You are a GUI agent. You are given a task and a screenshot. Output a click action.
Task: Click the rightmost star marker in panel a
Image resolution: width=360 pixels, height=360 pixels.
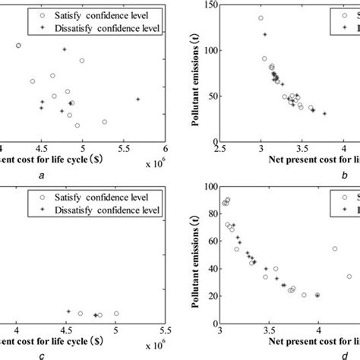coord(137,99)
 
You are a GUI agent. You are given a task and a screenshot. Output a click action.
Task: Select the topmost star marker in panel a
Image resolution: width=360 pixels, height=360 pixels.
coord(65,49)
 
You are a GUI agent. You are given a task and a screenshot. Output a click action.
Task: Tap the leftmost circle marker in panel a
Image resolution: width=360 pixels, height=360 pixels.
coord(19,46)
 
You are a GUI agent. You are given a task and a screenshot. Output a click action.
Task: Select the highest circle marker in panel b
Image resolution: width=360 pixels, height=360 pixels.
coord(261,18)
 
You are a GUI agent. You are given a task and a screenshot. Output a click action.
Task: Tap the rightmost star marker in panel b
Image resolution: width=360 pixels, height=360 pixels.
coord(324,114)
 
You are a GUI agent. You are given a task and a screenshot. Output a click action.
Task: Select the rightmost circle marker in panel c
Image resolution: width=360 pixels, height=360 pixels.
coord(116,313)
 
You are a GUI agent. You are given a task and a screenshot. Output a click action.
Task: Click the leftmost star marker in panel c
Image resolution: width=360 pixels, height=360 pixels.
coord(68,311)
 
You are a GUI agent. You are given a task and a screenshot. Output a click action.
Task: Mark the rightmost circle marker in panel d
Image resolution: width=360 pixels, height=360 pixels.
coord(349,276)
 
